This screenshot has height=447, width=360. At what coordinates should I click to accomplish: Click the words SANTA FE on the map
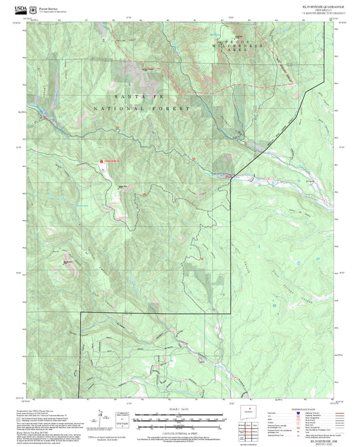coord(128,97)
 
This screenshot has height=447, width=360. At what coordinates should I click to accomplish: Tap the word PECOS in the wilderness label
coord(232,42)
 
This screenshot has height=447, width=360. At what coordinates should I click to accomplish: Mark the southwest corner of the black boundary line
coord(81,397)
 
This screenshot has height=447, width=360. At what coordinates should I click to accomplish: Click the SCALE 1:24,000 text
coord(179,408)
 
